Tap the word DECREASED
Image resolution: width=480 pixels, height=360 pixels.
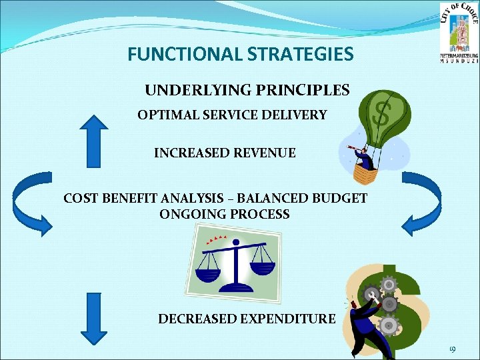196,319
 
